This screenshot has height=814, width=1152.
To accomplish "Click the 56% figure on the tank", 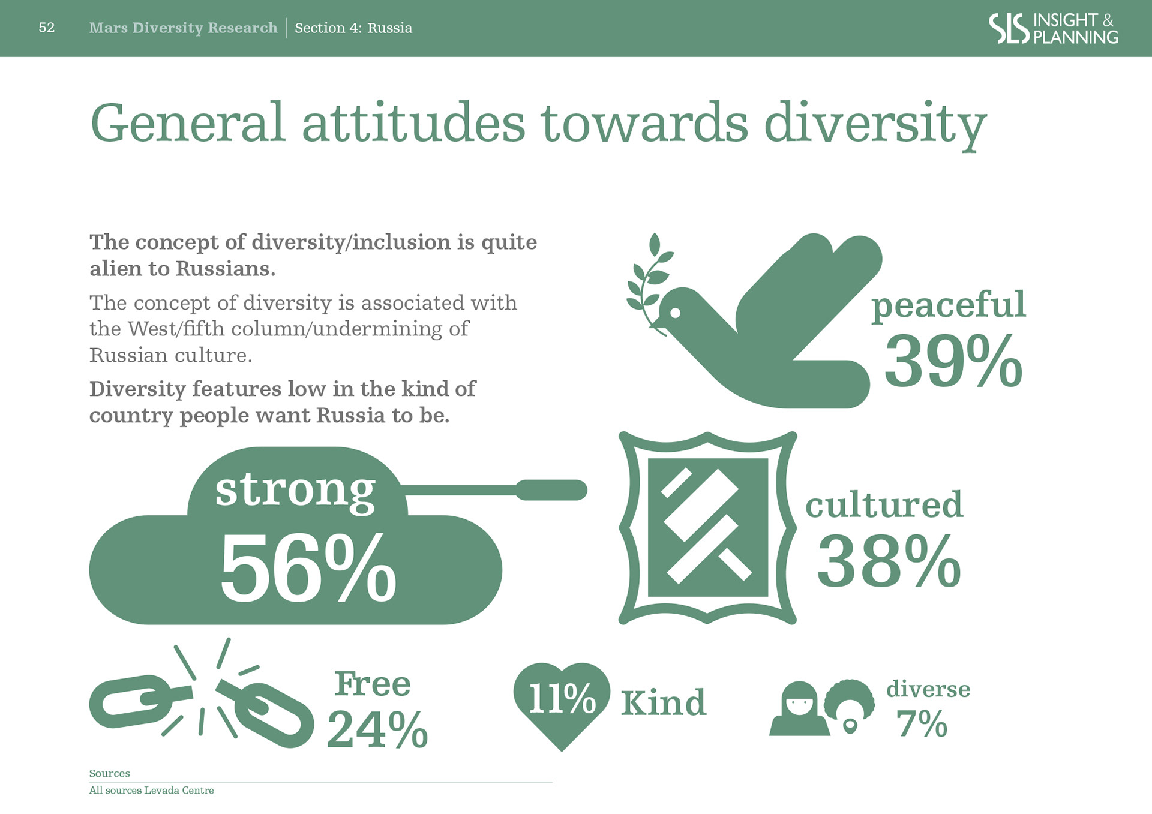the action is tap(308, 567).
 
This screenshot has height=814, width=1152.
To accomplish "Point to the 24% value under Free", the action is tap(377, 729).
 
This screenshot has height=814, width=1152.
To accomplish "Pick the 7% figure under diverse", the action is tap(922, 723).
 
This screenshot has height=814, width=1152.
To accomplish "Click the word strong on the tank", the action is tap(295, 491).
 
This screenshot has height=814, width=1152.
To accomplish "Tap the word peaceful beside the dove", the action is tap(949, 305).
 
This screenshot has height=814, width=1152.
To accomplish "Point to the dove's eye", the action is tap(675, 313).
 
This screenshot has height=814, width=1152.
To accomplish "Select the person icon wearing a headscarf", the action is tap(799, 708).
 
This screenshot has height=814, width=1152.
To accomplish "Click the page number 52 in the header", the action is tap(46, 28).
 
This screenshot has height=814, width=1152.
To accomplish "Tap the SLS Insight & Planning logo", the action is tap(1053, 28).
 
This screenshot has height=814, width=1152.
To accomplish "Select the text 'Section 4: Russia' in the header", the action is tap(353, 28).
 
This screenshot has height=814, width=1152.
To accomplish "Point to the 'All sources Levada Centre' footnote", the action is tap(151, 791).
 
